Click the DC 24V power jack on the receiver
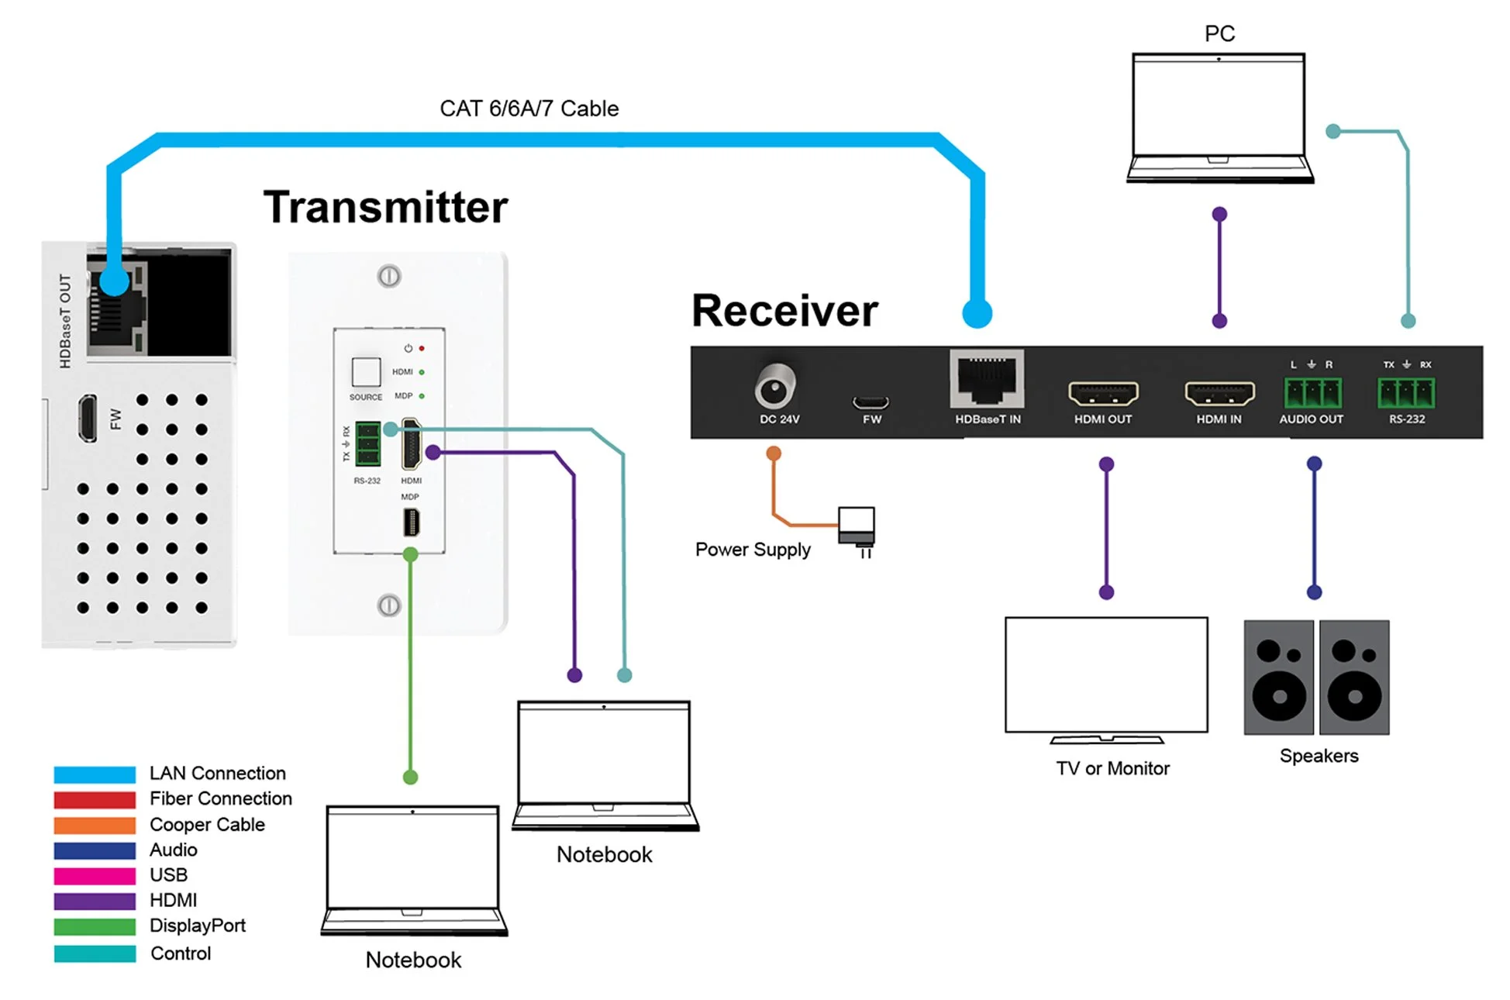point(774,387)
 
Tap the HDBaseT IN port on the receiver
point(986,380)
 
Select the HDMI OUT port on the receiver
point(1103,394)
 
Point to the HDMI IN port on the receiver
point(1219,394)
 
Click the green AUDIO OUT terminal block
point(1312,393)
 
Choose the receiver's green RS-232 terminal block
point(1406,393)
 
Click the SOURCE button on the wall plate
point(366,372)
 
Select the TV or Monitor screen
point(1106,674)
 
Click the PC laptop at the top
point(1219,116)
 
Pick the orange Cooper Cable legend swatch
point(95,825)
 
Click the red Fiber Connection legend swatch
point(95,799)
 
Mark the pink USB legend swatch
point(95,876)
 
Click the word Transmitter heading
point(385,207)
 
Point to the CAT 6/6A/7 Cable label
point(529,109)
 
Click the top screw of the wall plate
point(389,276)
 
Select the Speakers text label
point(1319,756)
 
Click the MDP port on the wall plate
point(411,522)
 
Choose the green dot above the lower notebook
point(411,777)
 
